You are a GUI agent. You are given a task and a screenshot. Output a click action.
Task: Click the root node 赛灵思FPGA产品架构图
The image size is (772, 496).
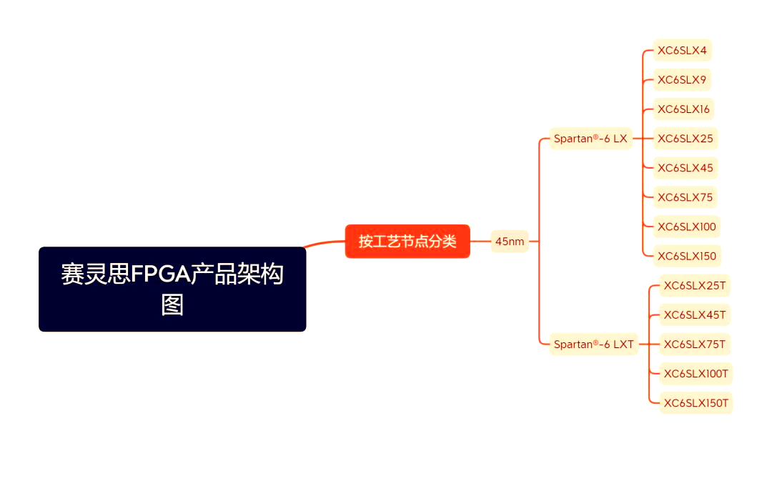tap(172, 289)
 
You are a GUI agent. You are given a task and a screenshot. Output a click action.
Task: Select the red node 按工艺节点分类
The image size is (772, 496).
tap(407, 241)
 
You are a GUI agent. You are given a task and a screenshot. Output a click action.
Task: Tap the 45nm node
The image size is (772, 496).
tap(510, 242)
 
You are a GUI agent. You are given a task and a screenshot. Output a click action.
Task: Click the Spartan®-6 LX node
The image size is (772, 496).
tap(590, 139)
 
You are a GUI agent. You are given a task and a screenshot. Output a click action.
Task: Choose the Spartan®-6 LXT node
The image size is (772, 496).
tap(593, 344)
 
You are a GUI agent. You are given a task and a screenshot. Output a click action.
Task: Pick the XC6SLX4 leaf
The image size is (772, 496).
tap(682, 51)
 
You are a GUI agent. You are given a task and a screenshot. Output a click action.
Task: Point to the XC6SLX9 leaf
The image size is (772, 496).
tap(682, 80)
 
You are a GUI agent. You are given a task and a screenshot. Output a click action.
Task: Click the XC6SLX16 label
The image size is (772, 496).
tap(683, 109)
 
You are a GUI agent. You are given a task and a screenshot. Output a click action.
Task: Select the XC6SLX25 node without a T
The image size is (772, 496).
tap(685, 139)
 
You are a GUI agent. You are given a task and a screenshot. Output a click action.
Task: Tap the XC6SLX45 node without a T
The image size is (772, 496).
tap(685, 168)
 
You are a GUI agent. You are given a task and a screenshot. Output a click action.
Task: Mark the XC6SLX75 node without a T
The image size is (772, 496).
tap(685, 197)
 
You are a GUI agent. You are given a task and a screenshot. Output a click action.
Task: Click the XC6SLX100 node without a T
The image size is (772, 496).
tap(686, 227)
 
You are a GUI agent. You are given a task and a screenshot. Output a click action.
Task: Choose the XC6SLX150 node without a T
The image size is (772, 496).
tap(686, 256)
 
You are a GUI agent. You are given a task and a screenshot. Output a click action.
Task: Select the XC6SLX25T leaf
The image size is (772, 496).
tap(695, 286)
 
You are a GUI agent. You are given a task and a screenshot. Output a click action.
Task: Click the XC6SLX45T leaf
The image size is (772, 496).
tap(695, 314)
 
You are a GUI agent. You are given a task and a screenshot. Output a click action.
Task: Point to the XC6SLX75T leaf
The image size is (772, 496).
tap(695, 344)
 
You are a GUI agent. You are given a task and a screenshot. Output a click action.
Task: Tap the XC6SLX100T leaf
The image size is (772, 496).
tap(696, 373)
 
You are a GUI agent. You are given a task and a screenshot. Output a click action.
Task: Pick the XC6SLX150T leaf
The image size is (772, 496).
tap(696, 403)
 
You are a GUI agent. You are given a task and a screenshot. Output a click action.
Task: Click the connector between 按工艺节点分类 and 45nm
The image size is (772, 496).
tap(480, 242)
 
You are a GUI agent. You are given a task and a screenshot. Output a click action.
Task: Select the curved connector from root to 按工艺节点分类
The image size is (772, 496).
tap(325, 243)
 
